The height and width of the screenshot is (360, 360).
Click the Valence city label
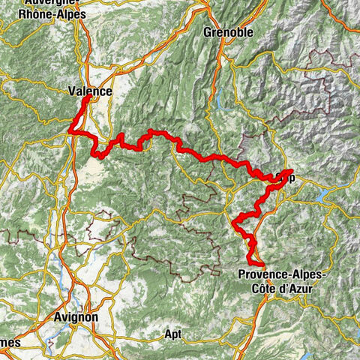[89, 91]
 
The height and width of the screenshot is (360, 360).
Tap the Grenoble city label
[229, 33]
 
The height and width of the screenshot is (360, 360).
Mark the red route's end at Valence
[88, 98]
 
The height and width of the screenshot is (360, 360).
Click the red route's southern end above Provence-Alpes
[262, 264]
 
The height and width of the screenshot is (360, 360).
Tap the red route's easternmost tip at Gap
[290, 172]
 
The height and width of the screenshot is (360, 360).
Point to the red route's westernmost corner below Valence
[71, 133]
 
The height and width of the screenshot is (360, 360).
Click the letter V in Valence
[70, 91]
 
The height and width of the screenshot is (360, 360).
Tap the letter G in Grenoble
[208, 33]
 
